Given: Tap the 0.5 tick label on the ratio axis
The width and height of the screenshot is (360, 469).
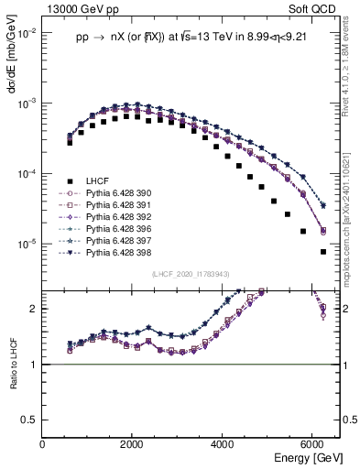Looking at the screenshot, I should click(x=29, y=419).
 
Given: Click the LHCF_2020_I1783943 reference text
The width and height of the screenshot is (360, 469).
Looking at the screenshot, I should click(x=191, y=273).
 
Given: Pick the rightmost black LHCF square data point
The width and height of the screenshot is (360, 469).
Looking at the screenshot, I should click(x=322, y=252).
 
